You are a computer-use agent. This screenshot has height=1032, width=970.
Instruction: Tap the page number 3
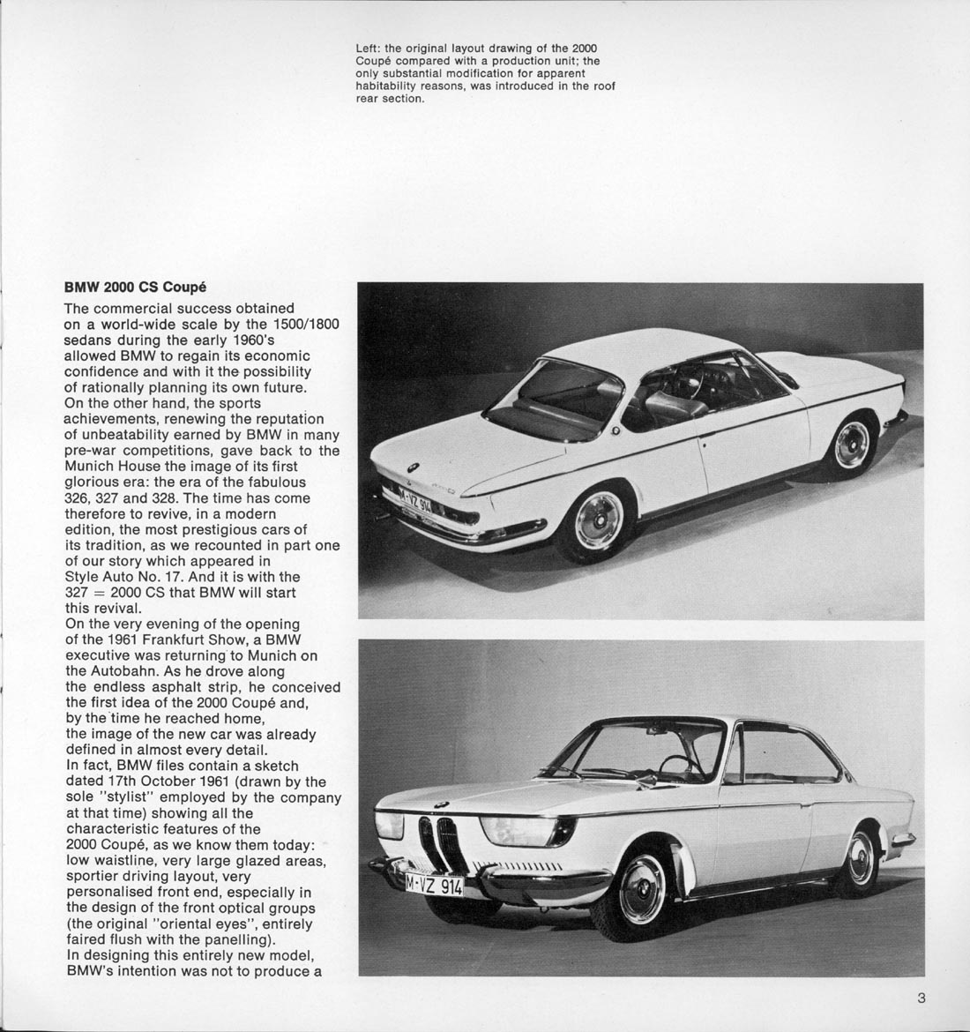coord(921,998)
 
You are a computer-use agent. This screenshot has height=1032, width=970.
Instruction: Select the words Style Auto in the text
coord(101,577)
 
